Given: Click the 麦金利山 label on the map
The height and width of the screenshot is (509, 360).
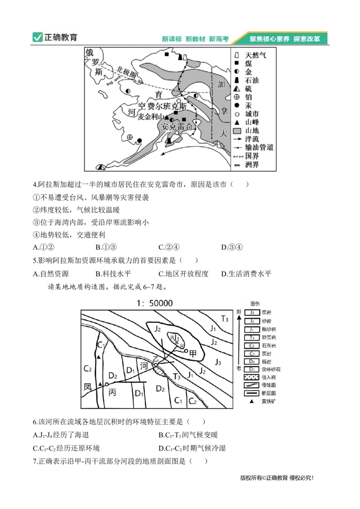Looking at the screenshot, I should [150, 116].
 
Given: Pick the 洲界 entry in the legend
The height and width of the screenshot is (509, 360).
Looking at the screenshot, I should [252, 165].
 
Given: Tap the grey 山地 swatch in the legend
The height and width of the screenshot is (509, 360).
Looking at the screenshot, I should [237, 130].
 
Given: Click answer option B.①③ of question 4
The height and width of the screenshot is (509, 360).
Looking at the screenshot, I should [106, 247].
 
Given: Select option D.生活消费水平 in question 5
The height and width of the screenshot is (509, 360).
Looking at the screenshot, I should [247, 273].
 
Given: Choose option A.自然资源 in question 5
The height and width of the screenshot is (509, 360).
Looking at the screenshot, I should [51, 273].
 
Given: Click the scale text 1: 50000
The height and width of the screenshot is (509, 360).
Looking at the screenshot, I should [155, 303].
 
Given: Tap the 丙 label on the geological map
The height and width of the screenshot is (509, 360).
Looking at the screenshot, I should [112, 392].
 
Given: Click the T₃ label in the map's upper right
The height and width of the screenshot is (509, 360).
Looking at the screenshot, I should [225, 319].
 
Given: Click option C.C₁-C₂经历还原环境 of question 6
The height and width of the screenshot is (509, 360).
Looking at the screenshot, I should [66, 448].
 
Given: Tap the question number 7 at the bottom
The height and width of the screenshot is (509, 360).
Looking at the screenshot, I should [35, 461].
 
